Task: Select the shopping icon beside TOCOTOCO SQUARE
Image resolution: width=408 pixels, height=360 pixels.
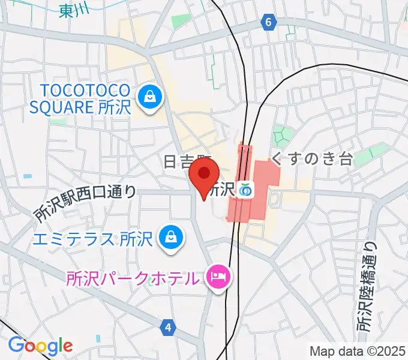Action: [x=149, y=97]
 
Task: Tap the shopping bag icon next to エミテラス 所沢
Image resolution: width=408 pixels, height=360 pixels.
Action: [x=170, y=236]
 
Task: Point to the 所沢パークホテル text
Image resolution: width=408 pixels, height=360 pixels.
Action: [x=132, y=278]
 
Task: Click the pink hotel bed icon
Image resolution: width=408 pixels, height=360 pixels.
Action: [x=217, y=277]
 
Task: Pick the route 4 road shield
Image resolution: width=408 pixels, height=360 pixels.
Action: [x=169, y=327]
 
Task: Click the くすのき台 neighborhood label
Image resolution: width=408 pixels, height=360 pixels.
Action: [x=310, y=158]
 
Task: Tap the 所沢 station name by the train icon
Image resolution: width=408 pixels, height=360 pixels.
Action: [x=221, y=190]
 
